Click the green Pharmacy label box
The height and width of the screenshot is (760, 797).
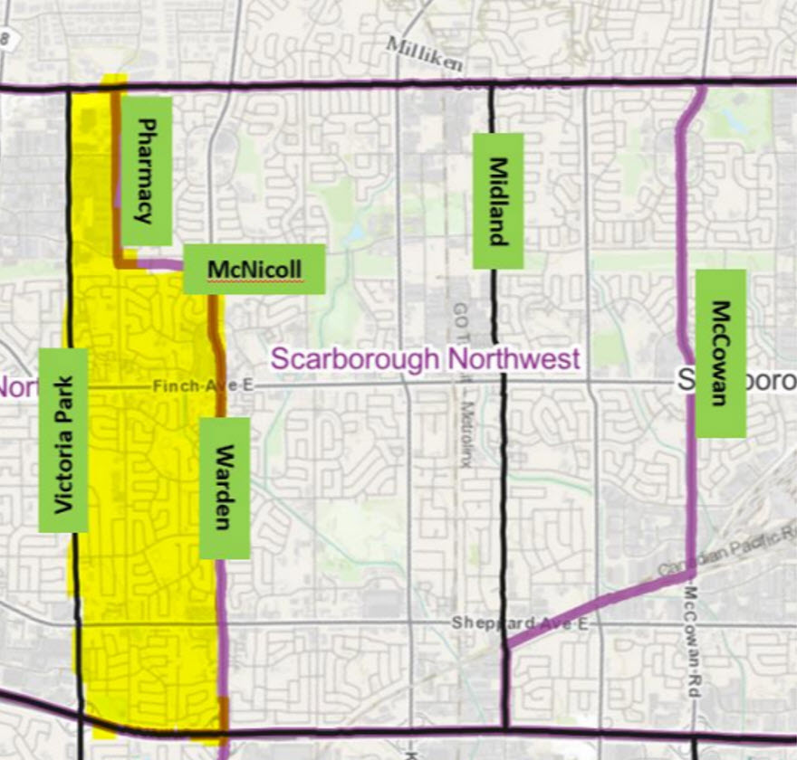146,170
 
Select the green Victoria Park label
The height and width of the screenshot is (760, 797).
63,440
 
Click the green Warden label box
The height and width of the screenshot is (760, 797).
224,488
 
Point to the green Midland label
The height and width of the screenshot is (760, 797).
498,201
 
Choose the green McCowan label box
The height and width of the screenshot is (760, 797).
720,353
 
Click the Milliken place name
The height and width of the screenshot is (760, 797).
425,55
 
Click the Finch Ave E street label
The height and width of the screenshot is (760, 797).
204,386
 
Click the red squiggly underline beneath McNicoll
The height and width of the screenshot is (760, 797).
254,281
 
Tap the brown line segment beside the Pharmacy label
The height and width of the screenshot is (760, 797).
116,172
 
